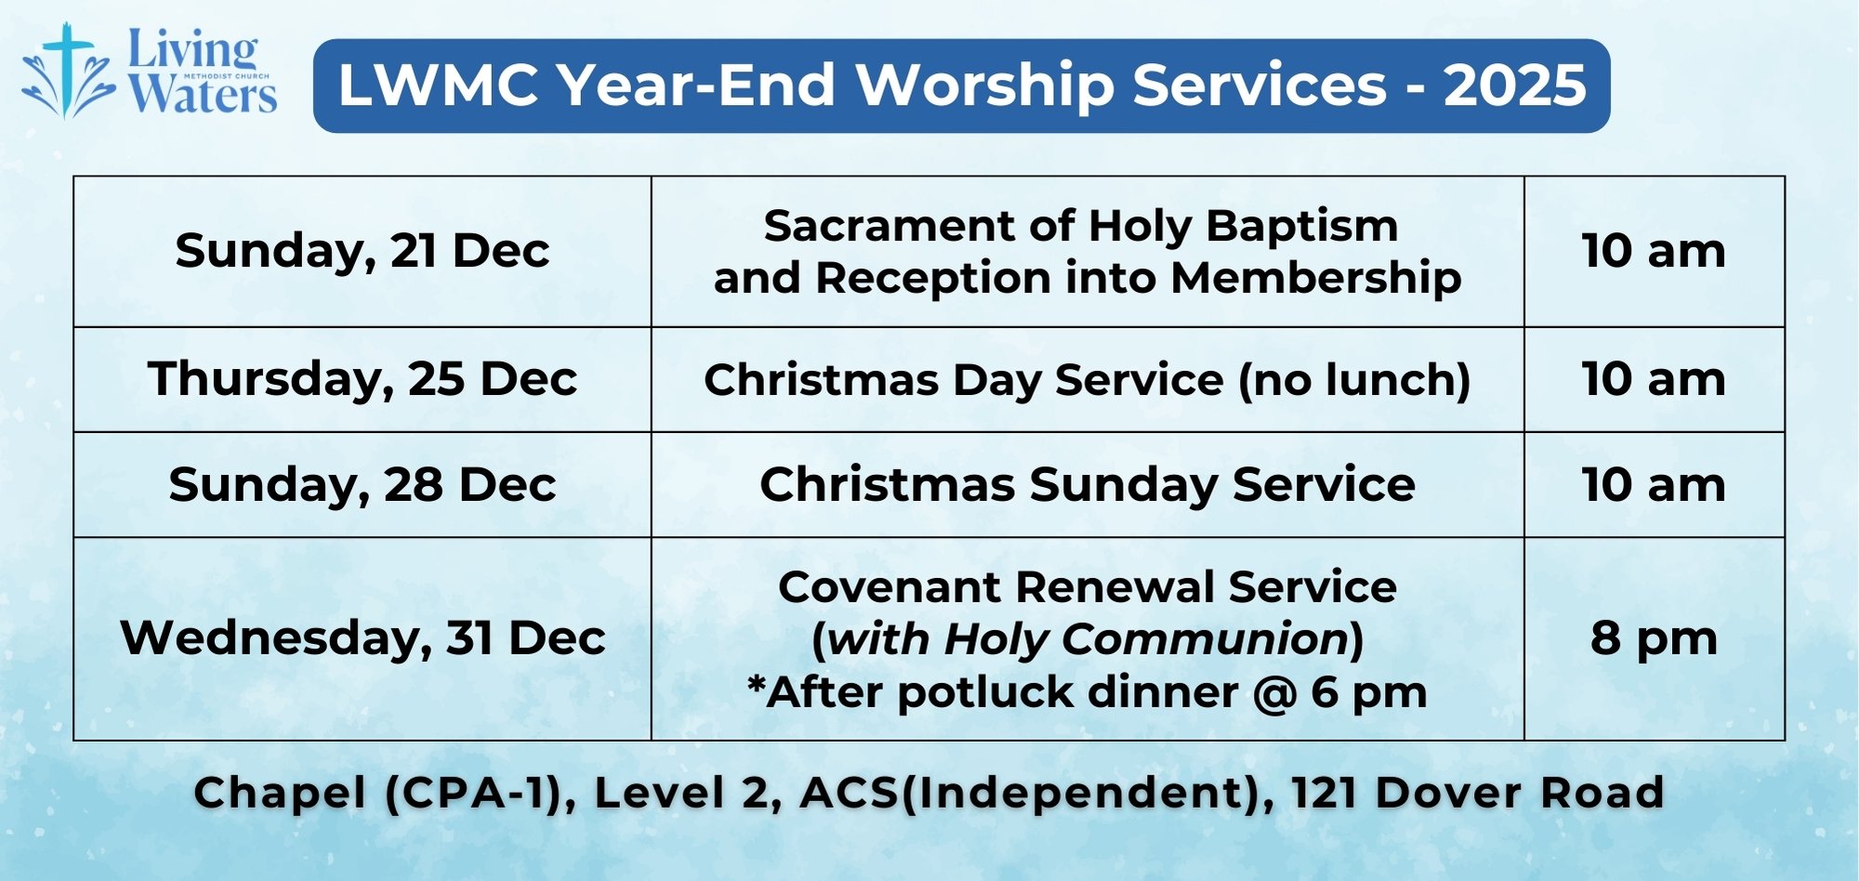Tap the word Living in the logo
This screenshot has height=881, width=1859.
(x=192, y=50)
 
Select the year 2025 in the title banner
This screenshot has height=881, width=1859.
(x=1514, y=85)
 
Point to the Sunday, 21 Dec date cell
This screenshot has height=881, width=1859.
(x=363, y=251)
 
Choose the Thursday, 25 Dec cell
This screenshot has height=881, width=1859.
(x=363, y=379)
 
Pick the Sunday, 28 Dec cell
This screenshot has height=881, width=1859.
(x=363, y=485)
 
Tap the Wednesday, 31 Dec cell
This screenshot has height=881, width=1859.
(x=363, y=638)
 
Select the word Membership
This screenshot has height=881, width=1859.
(x=1316, y=279)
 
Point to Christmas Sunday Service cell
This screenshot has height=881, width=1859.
(x=1088, y=485)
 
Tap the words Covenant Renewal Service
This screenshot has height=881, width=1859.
(x=1088, y=587)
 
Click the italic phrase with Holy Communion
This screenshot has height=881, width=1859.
(x=1088, y=639)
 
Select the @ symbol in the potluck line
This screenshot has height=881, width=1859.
(x=1274, y=693)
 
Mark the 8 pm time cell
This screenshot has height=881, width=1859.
(x=1655, y=638)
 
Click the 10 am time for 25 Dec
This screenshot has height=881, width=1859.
(x=1655, y=379)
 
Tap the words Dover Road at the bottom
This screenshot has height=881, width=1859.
(x=1520, y=794)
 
